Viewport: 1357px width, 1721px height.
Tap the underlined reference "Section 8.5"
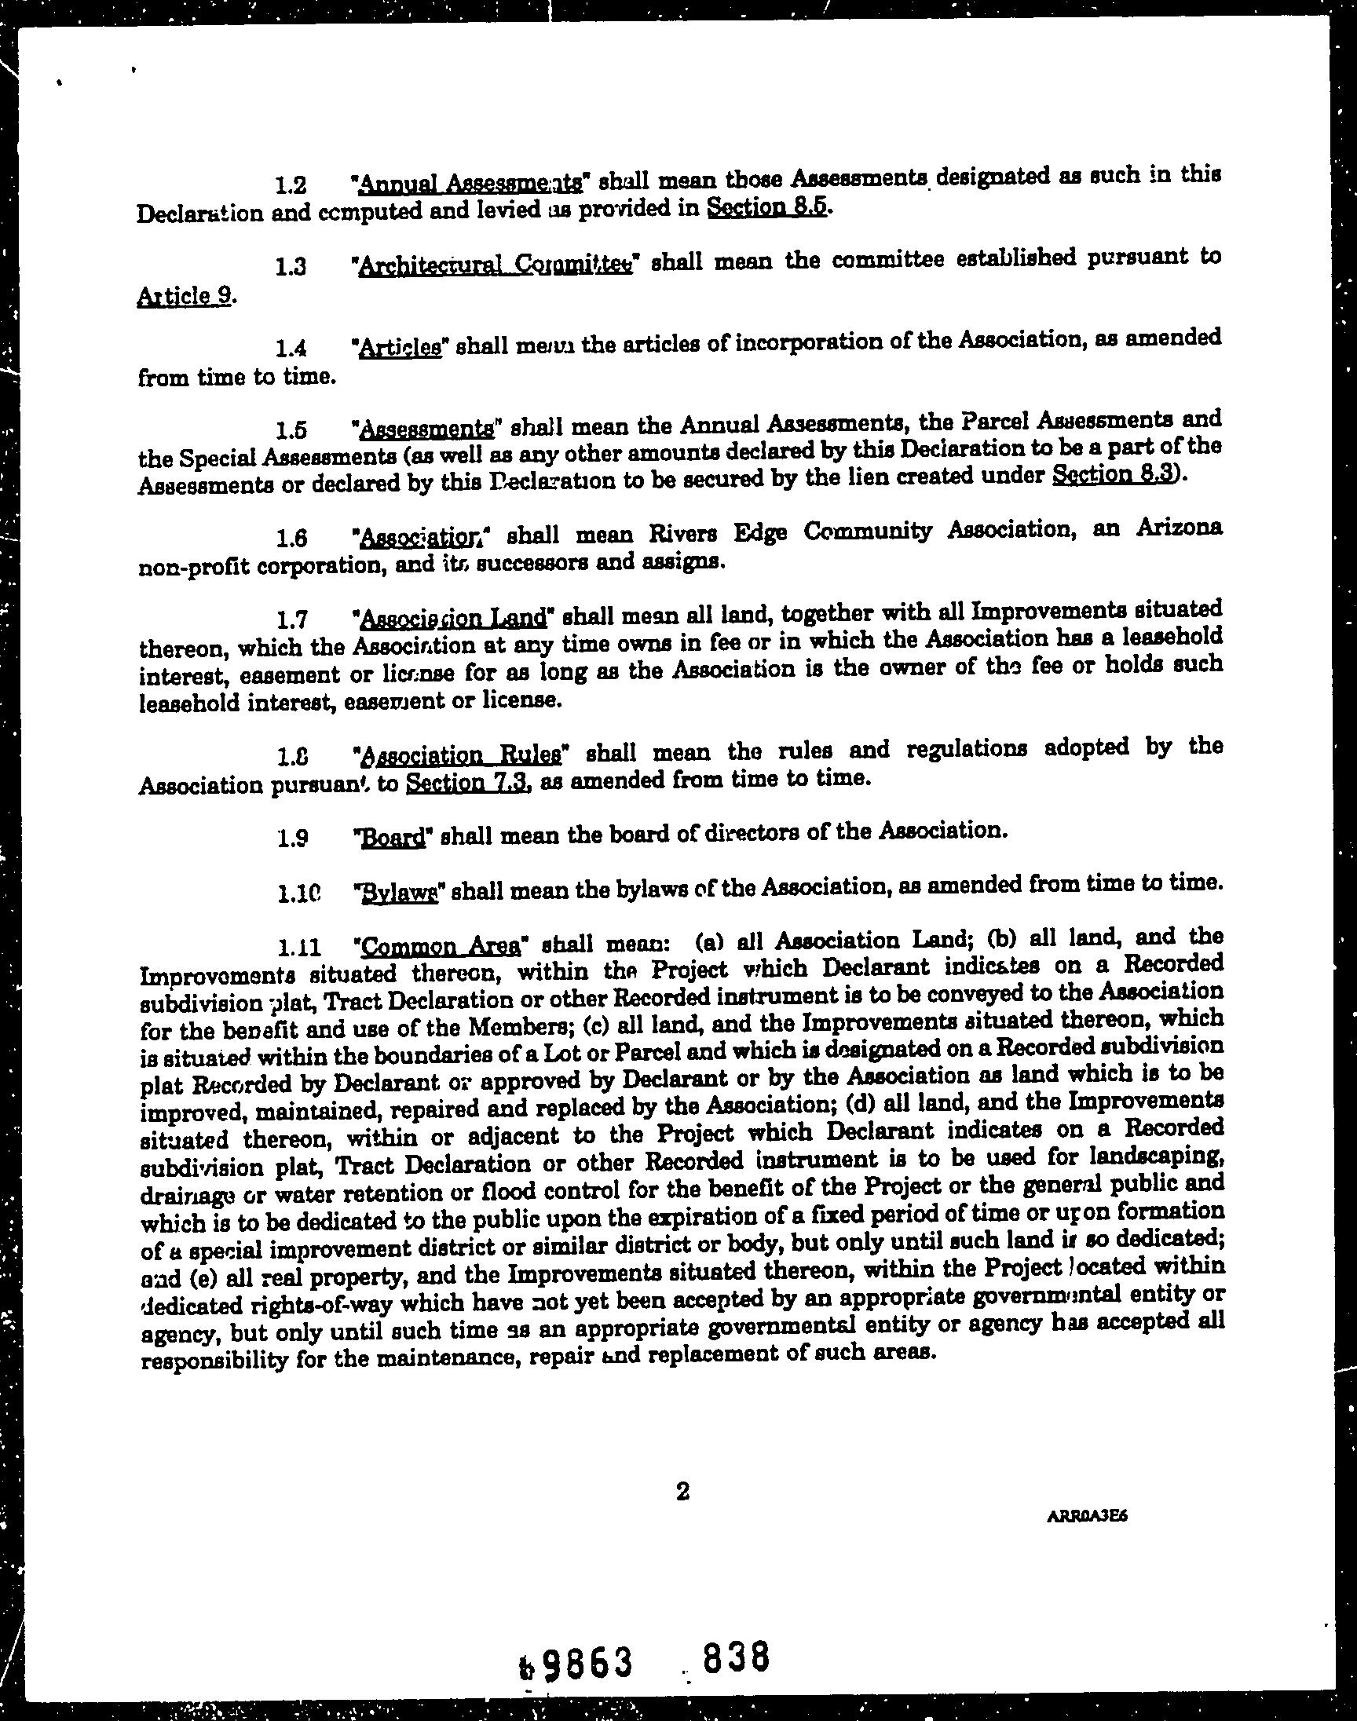[766, 207]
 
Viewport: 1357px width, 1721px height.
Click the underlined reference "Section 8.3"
[1112, 474]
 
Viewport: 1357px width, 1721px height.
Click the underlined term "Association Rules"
[465, 754]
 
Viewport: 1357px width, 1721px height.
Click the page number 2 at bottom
[682, 1493]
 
